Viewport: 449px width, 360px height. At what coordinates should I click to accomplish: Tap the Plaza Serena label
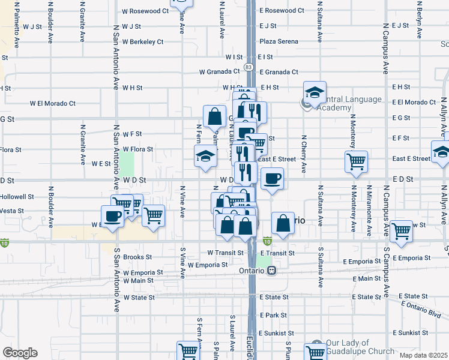pyautogui.click(x=279, y=41)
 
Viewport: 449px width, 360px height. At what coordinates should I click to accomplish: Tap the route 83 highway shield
pyautogui.click(x=248, y=66)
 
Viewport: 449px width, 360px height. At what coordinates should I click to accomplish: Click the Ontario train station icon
pyautogui.click(x=272, y=270)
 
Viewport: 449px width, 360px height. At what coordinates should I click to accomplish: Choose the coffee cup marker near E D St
pyautogui.click(x=273, y=178)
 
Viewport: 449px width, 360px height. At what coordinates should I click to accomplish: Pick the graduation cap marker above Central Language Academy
pyautogui.click(x=315, y=92)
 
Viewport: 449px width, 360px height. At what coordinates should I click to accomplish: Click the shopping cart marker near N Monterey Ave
pyautogui.click(x=356, y=161)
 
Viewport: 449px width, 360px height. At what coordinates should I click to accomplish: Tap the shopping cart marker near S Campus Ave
pyautogui.click(x=401, y=231)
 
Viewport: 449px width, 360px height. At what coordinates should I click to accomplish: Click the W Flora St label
pyautogui.click(x=138, y=149)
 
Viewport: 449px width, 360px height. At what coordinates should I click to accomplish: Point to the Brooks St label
pyautogui.click(x=137, y=257)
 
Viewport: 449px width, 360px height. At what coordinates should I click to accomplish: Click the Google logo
pyautogui.click(x=20, y=353)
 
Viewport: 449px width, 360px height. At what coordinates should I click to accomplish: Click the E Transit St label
pyautogui.click(x=277, y=253)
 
